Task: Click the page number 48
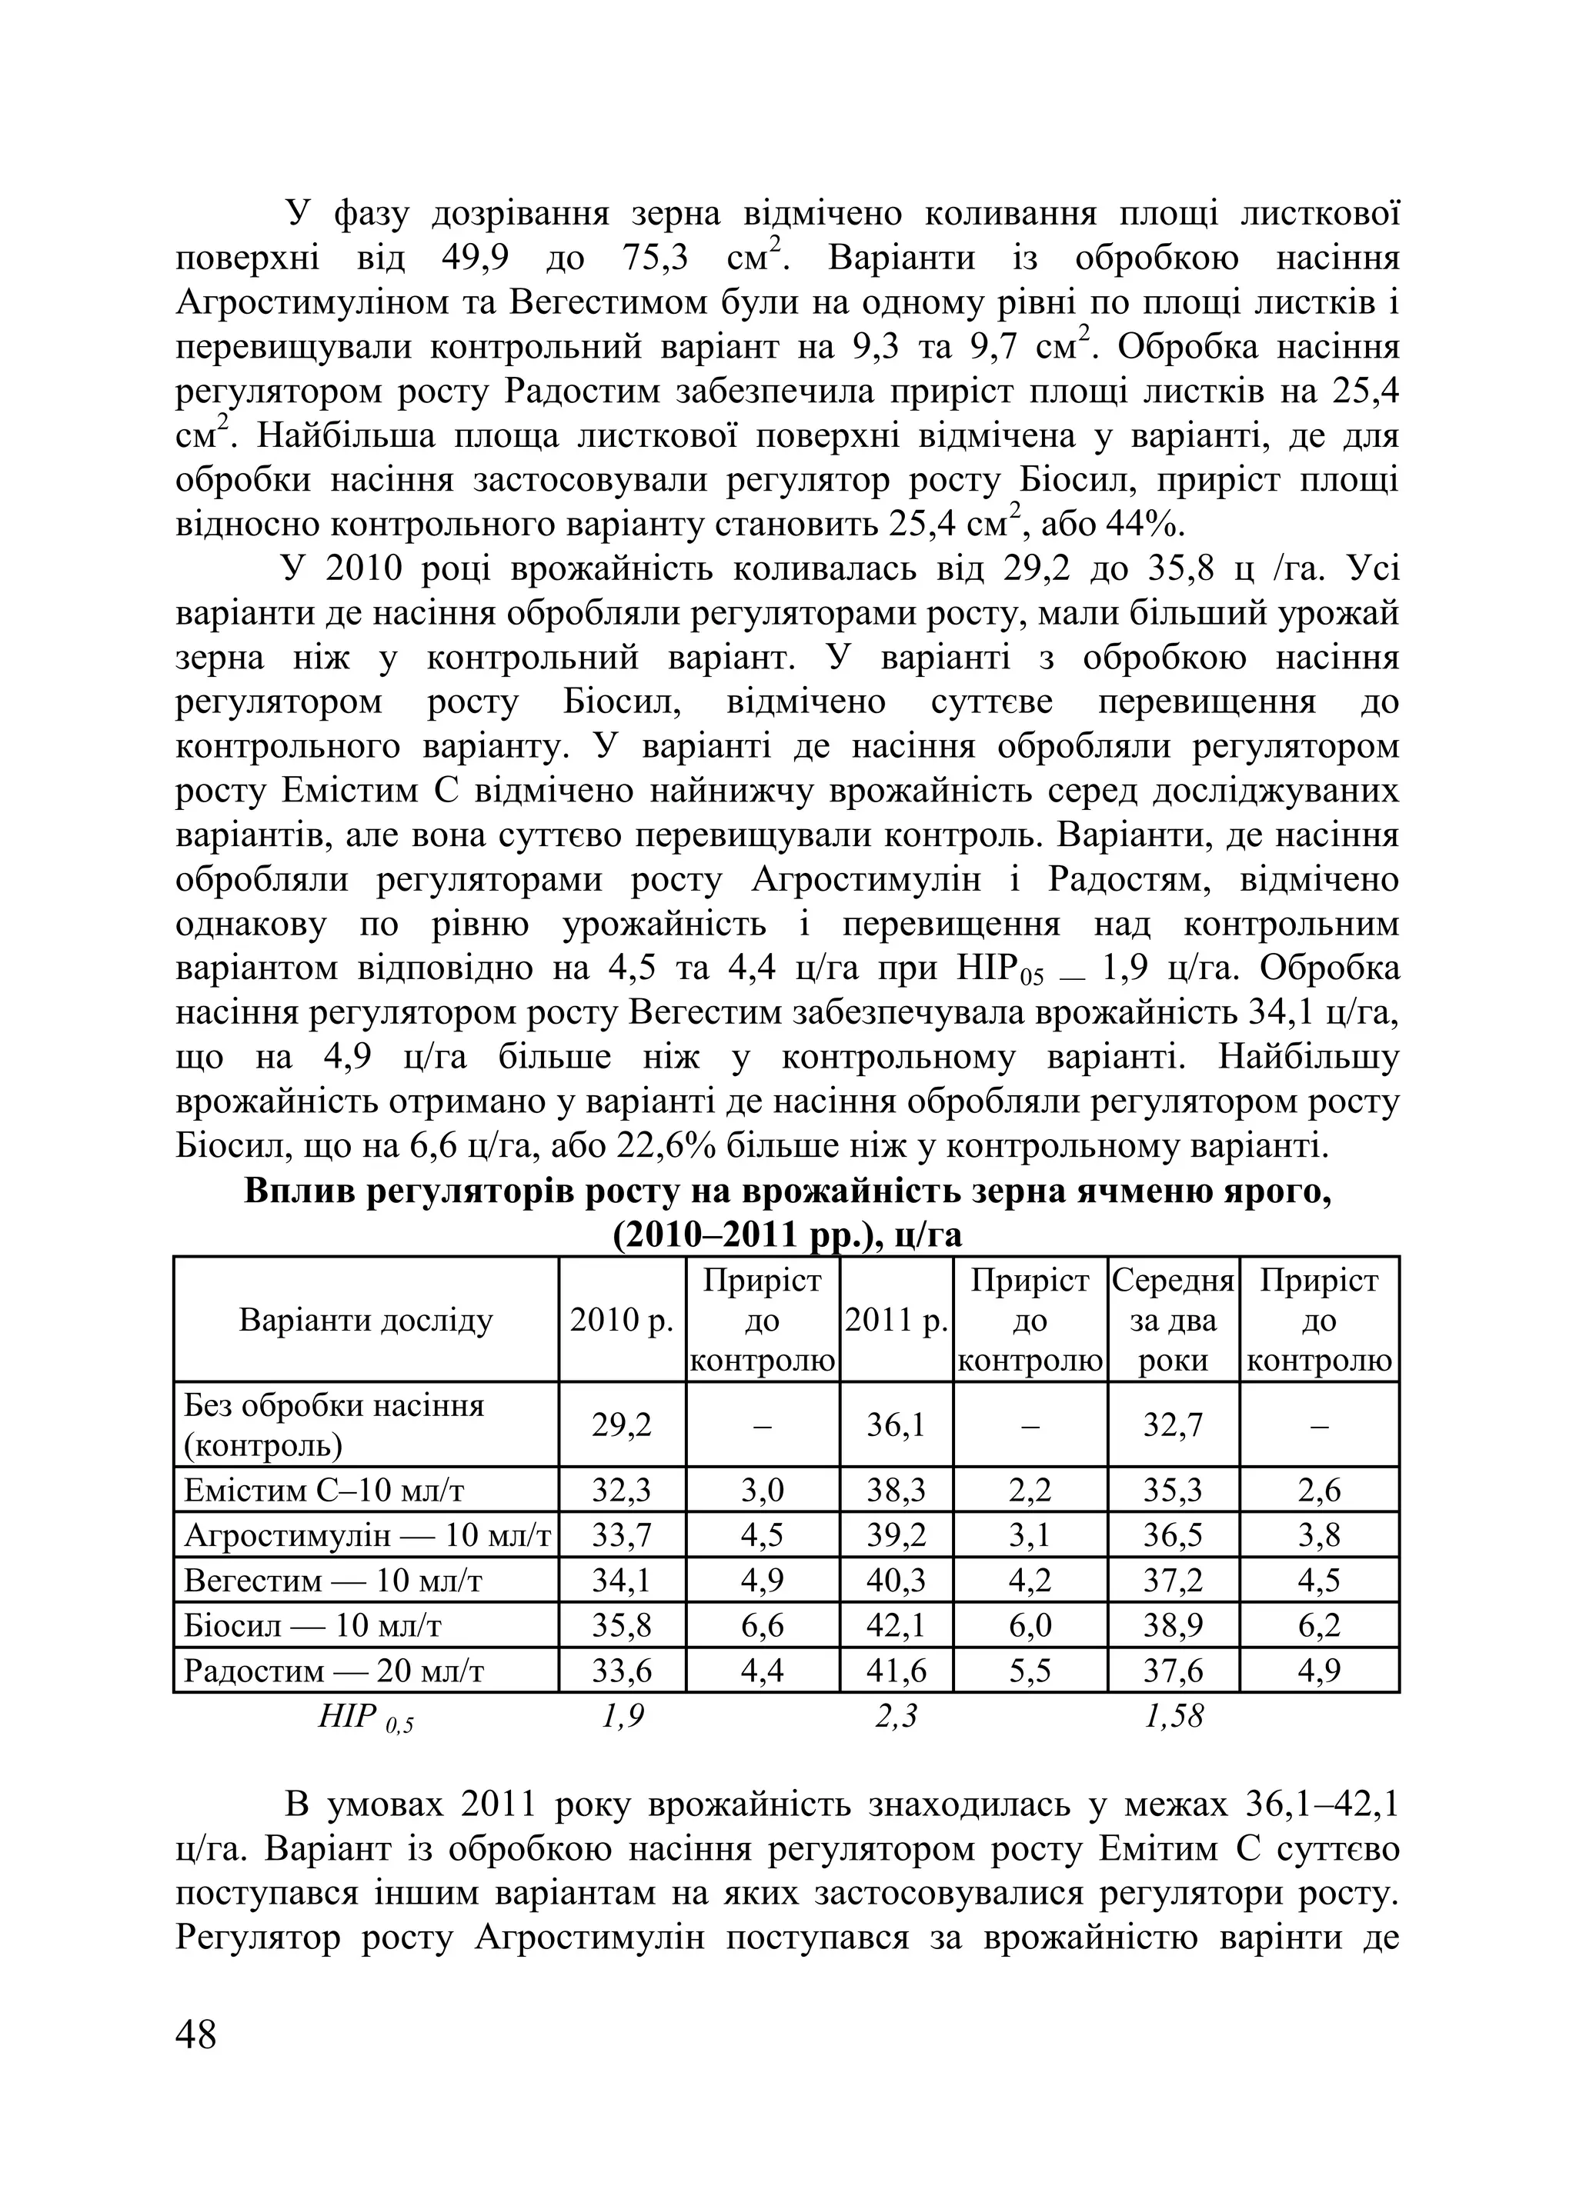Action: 197,2034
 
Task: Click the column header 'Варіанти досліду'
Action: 366,1321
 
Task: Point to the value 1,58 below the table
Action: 1174,1717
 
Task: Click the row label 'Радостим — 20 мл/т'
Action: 335,1671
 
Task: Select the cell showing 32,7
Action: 1173,1425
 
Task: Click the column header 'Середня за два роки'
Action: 1173,1321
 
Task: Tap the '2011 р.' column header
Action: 897,1321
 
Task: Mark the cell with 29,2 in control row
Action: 622,1425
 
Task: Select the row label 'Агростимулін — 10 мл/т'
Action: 366,1535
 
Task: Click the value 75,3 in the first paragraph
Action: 653,259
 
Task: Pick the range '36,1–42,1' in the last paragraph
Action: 1319,1804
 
